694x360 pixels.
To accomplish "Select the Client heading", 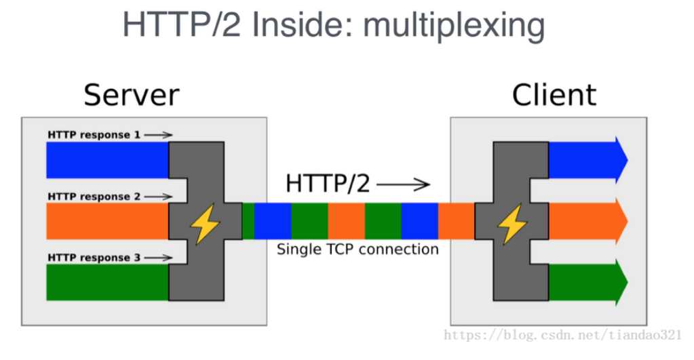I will coord(554,95).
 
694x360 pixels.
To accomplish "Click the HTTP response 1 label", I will coord(94,135).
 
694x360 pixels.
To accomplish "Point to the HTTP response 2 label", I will coord(94,197).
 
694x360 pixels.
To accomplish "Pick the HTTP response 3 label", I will coord(94,258).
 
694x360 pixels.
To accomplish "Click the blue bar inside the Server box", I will coord(107,160).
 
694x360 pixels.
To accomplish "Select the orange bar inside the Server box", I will coord(107,221).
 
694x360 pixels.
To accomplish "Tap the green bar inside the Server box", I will coord(107,282).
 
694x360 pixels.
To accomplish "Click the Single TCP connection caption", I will coord(358,249).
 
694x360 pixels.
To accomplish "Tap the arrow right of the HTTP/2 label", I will coord(403,184).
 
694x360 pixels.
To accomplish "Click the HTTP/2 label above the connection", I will coord(328,183).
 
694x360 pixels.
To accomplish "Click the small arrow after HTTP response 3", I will coord(159,258).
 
